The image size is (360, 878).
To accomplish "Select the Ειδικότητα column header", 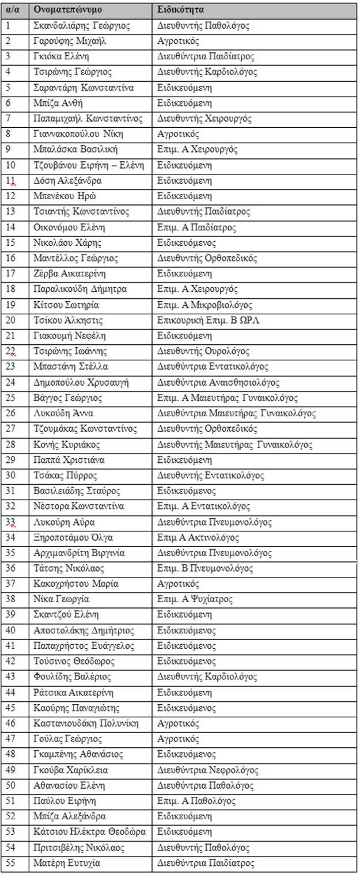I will pos(180,10).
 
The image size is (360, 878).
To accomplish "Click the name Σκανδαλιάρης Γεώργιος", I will pos(82,26).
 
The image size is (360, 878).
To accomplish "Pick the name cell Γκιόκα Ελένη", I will pos(62,57).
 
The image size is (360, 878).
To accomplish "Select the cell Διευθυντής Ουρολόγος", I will pos(203,351).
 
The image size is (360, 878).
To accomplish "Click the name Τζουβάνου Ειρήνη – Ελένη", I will pos(89,165).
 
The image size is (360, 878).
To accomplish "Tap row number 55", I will pos(11,863).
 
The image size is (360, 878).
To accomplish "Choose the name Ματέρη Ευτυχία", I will pos(67,863).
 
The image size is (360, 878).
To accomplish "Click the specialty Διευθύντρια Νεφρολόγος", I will pos(208,770).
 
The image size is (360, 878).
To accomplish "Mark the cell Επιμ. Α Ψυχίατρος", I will pos(195,599).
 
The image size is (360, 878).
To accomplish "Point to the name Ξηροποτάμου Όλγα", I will pos(74,538).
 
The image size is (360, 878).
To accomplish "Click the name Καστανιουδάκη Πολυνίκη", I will pos(86,724).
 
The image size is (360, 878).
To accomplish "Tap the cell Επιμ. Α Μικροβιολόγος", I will pos(204,305).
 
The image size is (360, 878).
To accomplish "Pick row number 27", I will pos(11,429).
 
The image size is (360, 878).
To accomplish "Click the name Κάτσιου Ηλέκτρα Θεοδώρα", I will pos(89,832).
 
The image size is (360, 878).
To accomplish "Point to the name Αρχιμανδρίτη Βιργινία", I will pos(79,553).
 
